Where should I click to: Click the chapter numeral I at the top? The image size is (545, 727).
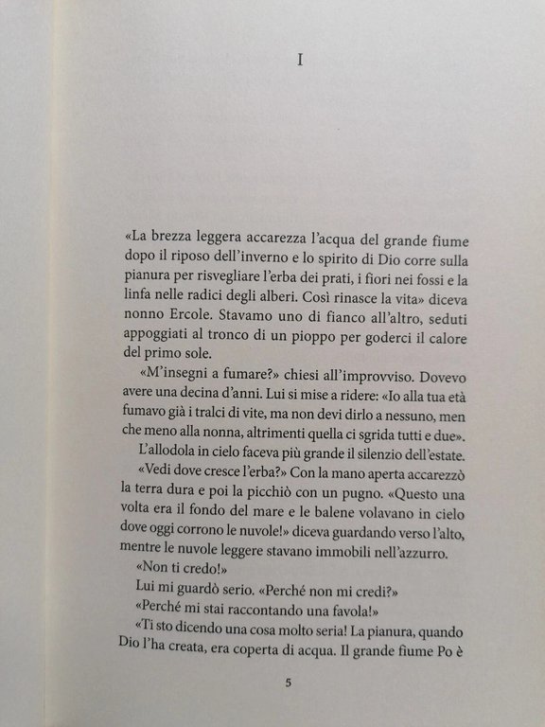point(299,62)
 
